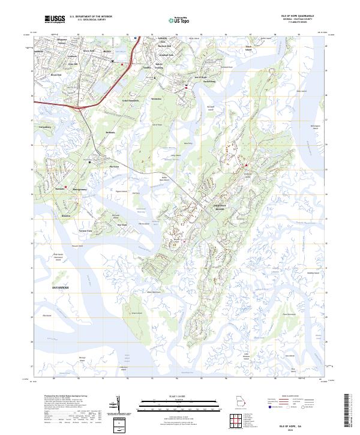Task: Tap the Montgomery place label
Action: tap(81, 188)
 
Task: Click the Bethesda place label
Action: tap(109, 132)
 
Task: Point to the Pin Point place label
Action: tap(115, 166)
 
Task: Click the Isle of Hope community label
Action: tap(200, 77)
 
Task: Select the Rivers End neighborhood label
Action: tap(56, 74)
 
